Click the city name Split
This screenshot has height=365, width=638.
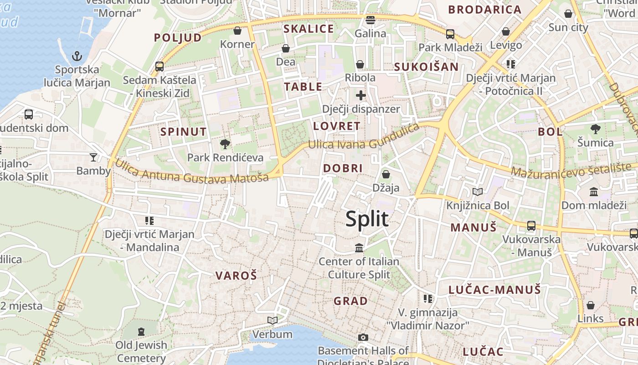coord(367,219)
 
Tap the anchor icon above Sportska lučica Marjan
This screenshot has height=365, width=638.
coord(77,57)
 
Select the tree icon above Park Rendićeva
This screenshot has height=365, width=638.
coord(225,144)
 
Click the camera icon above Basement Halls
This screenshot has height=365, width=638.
coord(363,337)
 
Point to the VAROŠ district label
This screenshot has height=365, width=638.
coord(236,275)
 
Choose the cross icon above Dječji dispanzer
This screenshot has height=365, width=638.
coord(360,95)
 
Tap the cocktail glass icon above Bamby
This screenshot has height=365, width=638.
coord(93,157)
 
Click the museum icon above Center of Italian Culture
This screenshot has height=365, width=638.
coord(359,248)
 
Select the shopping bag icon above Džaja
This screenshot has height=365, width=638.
coord(386,174)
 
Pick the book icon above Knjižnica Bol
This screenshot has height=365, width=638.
coord(477,192)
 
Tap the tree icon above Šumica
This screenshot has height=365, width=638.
coord(595,129)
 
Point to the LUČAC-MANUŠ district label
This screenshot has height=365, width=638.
coord(494,290)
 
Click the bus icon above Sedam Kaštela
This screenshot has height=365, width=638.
coord(159,67)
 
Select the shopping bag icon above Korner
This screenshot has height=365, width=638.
coord(237,31)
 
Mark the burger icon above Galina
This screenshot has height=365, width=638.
coord(370,20)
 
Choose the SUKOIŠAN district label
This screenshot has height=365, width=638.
coord(426,67)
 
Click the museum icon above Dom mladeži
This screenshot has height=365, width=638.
coord(593,192)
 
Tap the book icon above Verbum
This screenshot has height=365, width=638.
coord(273,321)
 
